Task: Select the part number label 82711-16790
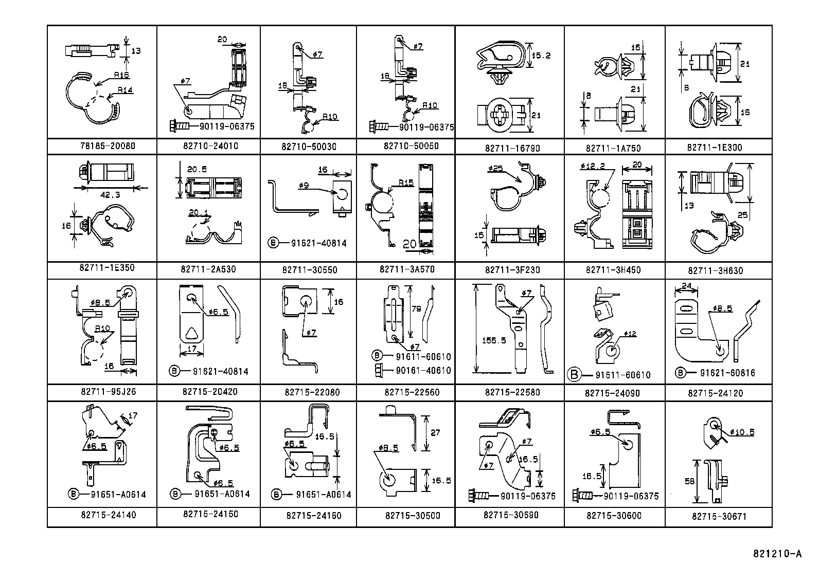click(x=512, y=149)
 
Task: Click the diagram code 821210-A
click(x=777, y=554)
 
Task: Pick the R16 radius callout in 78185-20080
click(x=121, y=75)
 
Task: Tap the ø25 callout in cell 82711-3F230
click(x=496, y=168)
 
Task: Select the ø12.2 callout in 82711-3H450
click(x=593, y=166)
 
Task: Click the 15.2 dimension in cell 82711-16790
click(x=541, y=56)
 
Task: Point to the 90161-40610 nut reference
click(x=423, y=370)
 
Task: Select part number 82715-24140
click(x=109, y=515)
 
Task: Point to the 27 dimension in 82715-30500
click(x=435, y=433)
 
